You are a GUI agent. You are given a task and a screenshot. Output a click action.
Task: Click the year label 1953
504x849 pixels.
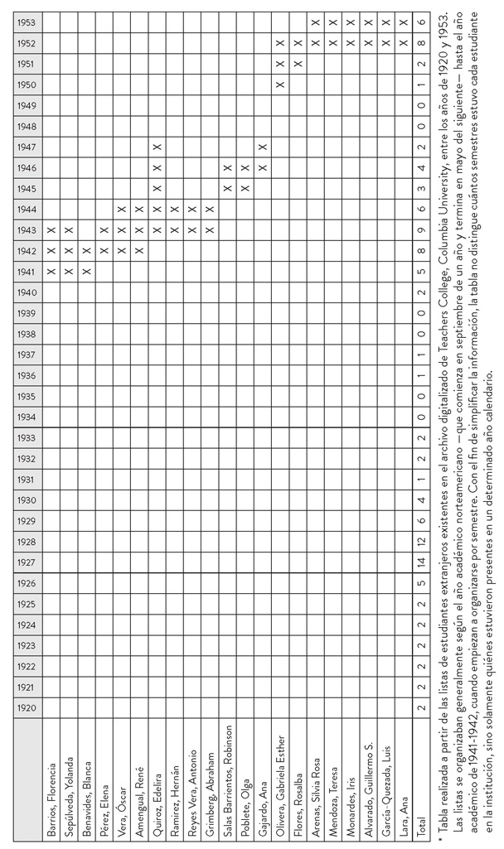(x=25, y=22)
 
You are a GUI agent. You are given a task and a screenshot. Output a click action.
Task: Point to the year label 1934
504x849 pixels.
(x=25, y=418)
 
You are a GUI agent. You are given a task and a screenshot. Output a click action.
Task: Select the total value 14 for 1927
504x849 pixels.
(x=421, y=563)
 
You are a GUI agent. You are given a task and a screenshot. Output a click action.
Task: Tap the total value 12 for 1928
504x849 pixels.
(x=421, y=543)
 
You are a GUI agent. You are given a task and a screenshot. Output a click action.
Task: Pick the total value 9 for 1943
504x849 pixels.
(x=421, y=230)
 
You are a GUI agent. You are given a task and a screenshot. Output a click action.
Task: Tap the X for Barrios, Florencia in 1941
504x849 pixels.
(x=51, y=272)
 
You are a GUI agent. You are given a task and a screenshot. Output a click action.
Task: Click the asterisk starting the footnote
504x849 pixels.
(x=441, y=839)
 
